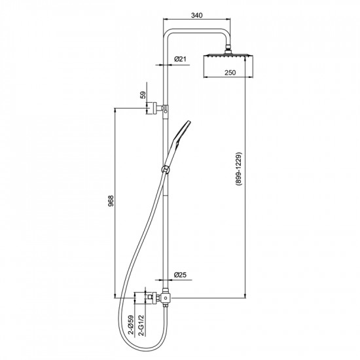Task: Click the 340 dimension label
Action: coord(197,16)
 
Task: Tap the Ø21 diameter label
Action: coord(180,59)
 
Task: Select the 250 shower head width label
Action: coord(230,73)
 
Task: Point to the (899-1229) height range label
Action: coord(238,168)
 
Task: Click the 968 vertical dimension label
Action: coord(111,201)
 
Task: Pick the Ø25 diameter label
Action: coord(180,275)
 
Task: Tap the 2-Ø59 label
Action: coord(131,325)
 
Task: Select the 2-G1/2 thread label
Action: coord(142,325)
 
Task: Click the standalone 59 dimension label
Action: coord(143,95)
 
